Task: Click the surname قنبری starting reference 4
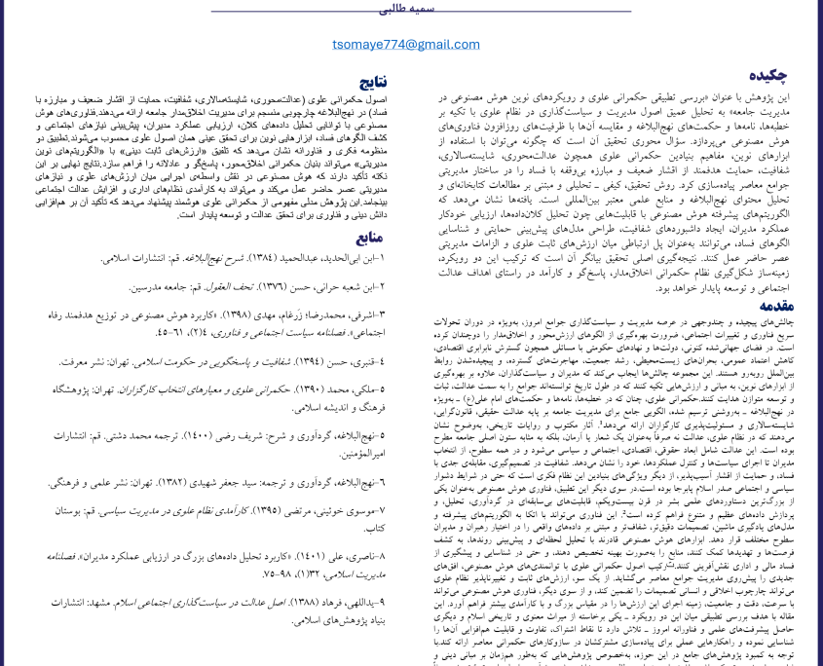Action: click(362, 362)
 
